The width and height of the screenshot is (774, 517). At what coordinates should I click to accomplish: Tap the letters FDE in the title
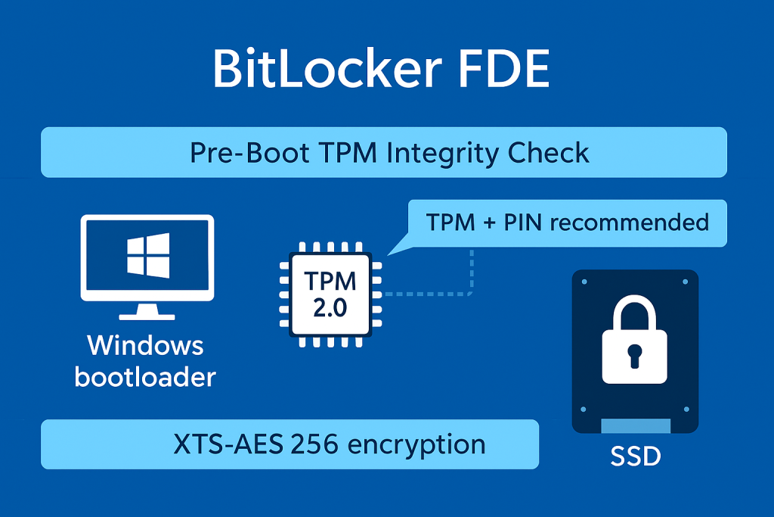pos(508,70)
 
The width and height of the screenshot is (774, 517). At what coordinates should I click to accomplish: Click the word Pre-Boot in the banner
pos(249,153)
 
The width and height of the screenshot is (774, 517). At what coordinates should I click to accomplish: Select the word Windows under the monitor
pos(146,346)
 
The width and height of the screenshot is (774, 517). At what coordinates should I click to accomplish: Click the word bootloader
pos(146,375)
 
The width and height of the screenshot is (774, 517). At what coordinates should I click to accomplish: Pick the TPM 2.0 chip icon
pos(330,294)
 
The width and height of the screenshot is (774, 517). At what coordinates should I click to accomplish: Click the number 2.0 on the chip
pos(330,308)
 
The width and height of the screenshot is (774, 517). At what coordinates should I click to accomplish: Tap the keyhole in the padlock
pos(634,354)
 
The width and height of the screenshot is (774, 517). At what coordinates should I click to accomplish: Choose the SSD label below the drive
pos(634,457)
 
